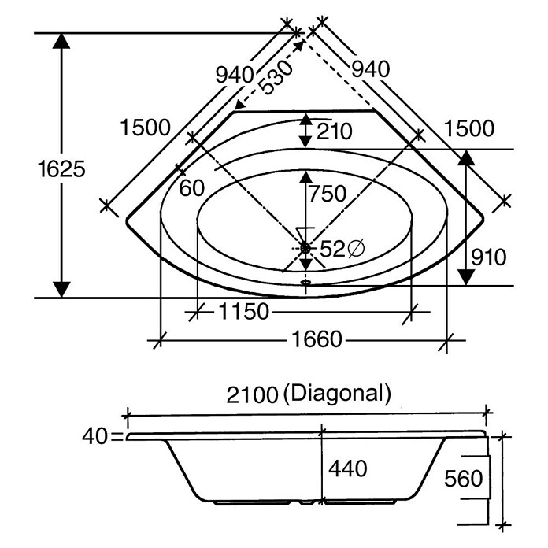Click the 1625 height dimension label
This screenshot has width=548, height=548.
pyautogui.click(x=61, y=169)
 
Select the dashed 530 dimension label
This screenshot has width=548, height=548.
pyautogui.click(x=276, y=78)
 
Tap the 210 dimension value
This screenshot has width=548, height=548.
pyautogui.click(x=334, y=131)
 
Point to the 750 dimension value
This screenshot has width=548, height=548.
pyautogui.click(x=328, y=193)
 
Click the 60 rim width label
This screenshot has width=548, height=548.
pyautogui.click(x=191, y=188)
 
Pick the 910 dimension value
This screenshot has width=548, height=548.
pyautogui.click(x=489, y=257)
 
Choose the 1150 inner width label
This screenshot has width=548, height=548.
pyautogui.click(x=244, y=311)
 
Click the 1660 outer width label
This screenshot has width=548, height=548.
pyautogui.click(x=317, y=339)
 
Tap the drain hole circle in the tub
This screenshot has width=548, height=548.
pyautogui.click(x=305, y=249)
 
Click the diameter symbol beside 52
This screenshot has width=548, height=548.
pyautogui.click(x=357, y=249)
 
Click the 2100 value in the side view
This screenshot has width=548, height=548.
pyautogui.click(x=252, y=395)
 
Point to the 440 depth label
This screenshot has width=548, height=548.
pyautogui.click(x=348, y=468)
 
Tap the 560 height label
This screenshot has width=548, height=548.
pyautogui.click(x=464, y=478)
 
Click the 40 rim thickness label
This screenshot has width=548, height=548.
pyautogui.click(x=94, y=436)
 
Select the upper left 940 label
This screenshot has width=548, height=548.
pyautogui.click(x=234, y=75)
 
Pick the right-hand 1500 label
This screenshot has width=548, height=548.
pyautogui.click(x=469, y=128)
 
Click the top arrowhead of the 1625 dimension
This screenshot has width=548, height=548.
pyautogui.click(x=61, y=40)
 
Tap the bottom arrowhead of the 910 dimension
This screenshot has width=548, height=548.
pyautogui.click(x=466, y=277)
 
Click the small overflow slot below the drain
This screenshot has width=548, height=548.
pyautogui.click(x=305, y=280)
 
